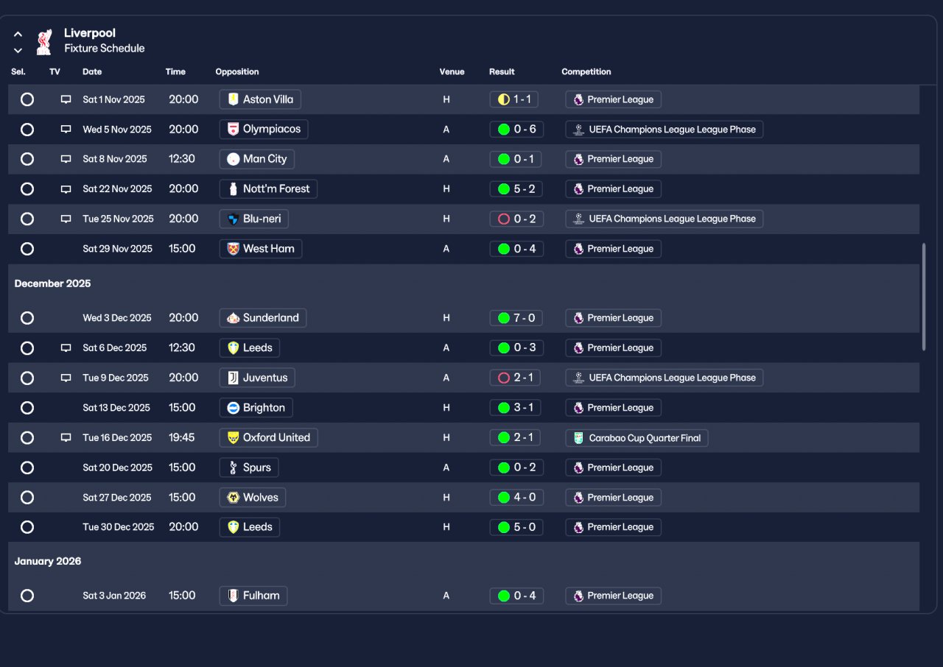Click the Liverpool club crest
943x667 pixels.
(44, 41)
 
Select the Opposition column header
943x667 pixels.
(236, 71)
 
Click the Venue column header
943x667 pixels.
(452, 71)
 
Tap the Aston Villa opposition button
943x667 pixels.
(260, 99)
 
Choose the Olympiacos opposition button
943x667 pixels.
(264, 129)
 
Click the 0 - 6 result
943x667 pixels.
(516, 129)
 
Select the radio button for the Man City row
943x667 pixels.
(27, 159)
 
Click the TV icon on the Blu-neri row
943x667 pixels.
(66, 219)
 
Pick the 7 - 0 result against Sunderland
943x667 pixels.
(516, 318)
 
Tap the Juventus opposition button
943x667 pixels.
(257, 378)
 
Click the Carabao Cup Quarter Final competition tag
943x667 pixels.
(637, 437)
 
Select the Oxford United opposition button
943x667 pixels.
(268, 437)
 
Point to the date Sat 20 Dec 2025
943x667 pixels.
(116, 467)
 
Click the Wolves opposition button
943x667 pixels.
(253, 498)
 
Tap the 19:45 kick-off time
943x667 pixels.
(181, 437)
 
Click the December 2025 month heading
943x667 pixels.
(52, 283)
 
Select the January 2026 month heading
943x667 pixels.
(48, 561)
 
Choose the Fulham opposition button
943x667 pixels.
(253, 596)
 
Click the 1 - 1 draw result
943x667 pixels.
(516, 99)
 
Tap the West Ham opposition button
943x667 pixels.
(261, 249)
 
